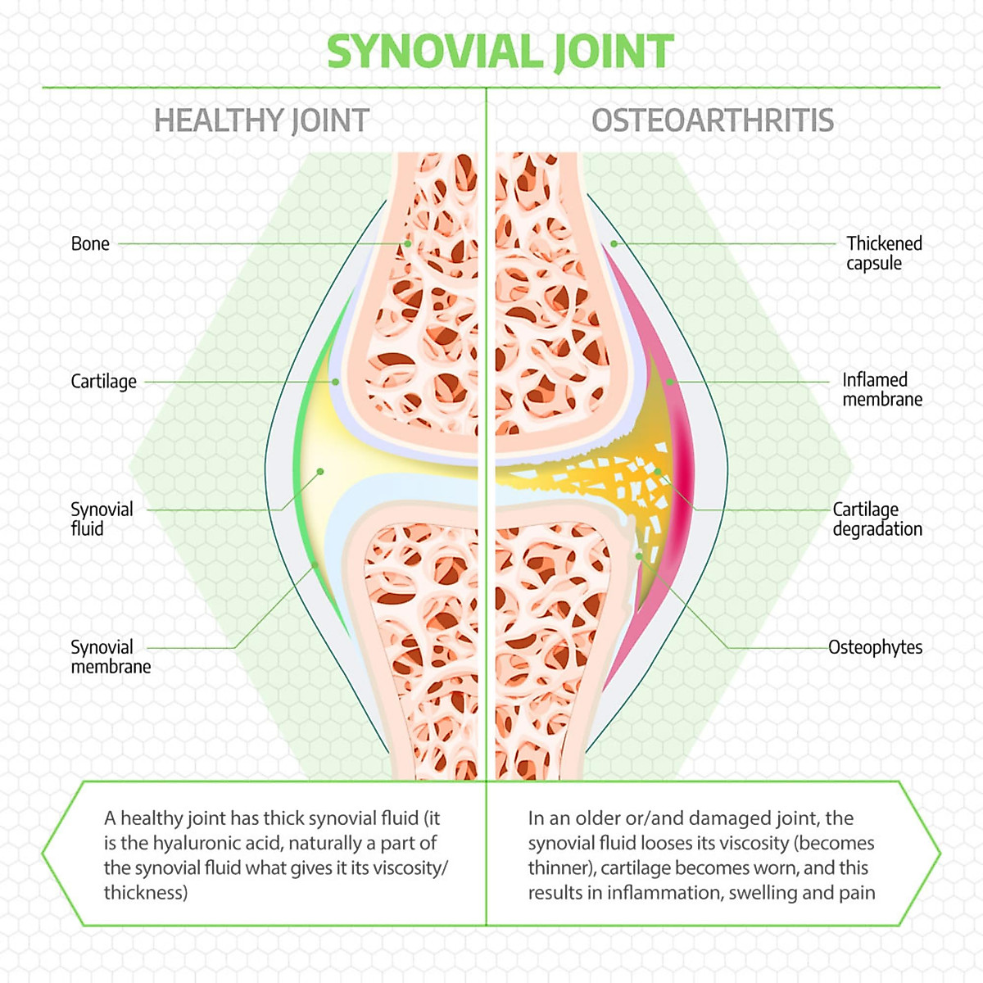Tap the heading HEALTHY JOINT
[x=261, y=121]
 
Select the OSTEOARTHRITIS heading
[x=713, y=121]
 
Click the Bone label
[x=90, y=244]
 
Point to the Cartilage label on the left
[x=103, y=382]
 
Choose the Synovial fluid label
[x=102, y=519]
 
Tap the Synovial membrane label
[x=111, y=656]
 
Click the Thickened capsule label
[x=884, y=253]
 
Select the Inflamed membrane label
[x=882, y=390]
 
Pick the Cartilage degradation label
[x=877, y=519]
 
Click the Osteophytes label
[x=876, y=647]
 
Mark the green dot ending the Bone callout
[x=408, y=244]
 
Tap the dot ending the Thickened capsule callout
[x=614, y=244]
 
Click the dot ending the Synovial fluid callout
[x=320, y=471]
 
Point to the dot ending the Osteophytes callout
[x=639, y=556]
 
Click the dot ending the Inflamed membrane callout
[x=670, y=382]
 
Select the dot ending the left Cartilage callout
[x=335, y=382]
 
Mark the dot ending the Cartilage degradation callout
[x=658, y=471]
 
